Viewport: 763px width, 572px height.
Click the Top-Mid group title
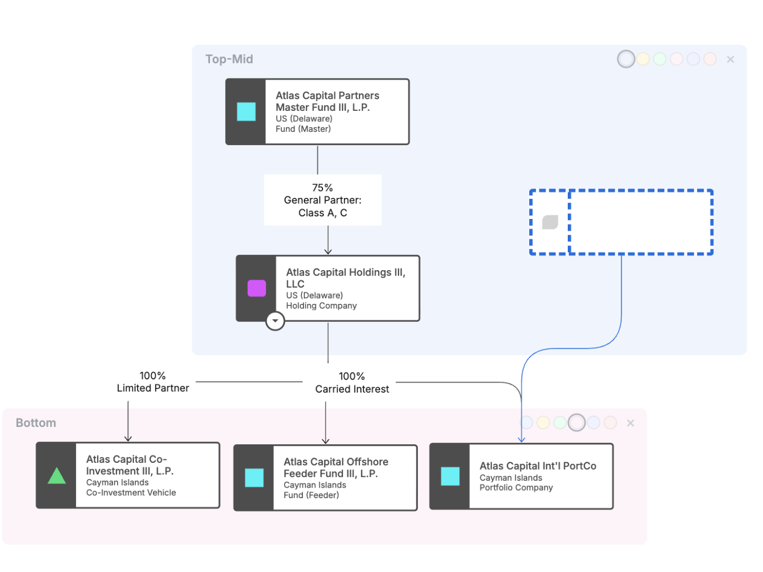click(x=228, y=59)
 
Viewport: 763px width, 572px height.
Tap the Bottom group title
click(x=36, y=422)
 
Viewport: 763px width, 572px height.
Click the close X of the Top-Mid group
click(x=730, y=60)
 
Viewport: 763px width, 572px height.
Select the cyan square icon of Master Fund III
click(x=246, y=111)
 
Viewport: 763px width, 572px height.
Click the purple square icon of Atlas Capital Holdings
click(x=256, y=288)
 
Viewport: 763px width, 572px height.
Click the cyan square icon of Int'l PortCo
click(x=450, y=475)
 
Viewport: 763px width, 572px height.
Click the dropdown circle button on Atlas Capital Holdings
click(x=274, y=320)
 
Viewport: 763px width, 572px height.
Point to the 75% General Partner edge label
click(x=322, y=200)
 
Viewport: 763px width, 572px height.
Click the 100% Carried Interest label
click(x=351, y=382)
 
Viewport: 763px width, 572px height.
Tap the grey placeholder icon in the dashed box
click(x=550, y=222)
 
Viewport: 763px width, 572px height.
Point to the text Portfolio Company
click(x=516, y=487)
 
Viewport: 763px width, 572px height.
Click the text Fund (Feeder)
click(x=311, y=494)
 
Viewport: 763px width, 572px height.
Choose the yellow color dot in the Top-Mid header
click(x=642, y=59)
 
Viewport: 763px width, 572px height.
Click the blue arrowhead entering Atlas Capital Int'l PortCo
click(x=521, y=439)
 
